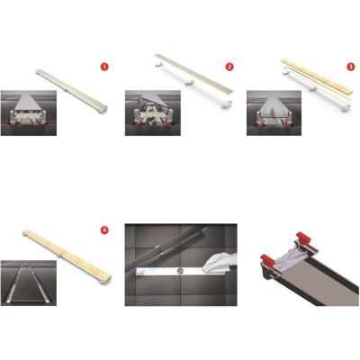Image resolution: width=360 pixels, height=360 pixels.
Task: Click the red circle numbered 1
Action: coord(104,67)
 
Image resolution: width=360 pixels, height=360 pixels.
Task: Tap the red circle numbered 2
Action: coord(229,67)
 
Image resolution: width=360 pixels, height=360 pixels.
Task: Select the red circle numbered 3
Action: coord(351,67)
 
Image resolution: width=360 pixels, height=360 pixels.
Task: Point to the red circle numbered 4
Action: coord(104,230)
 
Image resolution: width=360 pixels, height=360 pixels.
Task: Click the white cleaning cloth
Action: coord(220,264)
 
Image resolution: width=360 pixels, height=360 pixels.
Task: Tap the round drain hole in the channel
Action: coord(180,272)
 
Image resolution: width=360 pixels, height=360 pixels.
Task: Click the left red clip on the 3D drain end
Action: coord(267,262)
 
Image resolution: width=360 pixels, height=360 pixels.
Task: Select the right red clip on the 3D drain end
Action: coord(303,238)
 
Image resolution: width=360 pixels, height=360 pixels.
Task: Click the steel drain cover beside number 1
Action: coord(72,91)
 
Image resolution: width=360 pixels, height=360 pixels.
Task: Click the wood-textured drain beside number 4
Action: coord(67,256)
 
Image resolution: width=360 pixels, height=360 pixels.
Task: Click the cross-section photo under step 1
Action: coord(29,113)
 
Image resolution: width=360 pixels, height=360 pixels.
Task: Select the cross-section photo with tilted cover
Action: coord(153,113)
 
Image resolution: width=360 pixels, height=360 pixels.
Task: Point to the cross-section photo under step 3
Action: coord(274,113)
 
